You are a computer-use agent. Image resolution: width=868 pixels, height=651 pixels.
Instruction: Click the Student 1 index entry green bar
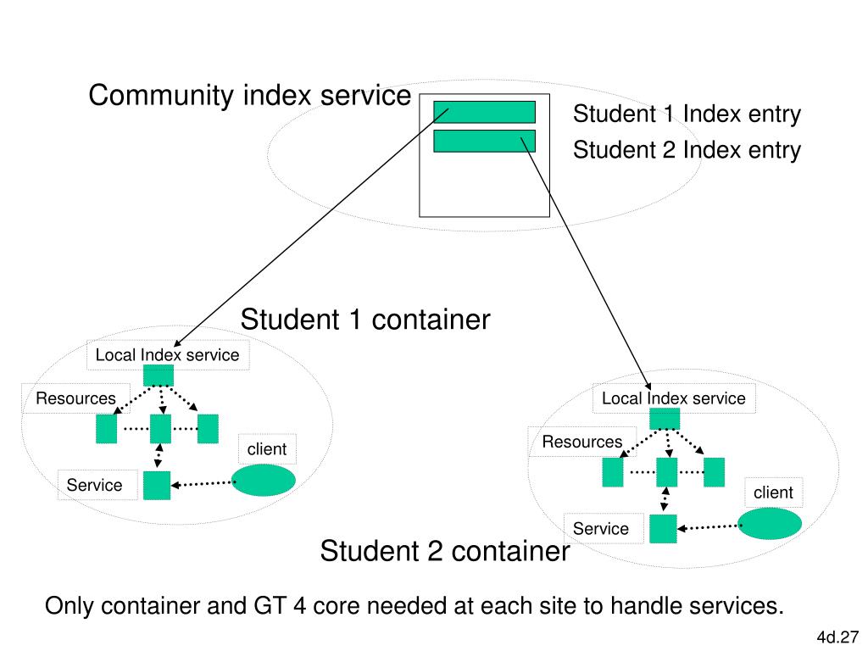tap(484, 112)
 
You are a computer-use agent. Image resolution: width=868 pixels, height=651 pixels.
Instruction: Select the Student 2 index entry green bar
tap(484, 142)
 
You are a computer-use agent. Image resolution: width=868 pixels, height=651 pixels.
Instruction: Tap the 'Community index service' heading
tap(250, 95)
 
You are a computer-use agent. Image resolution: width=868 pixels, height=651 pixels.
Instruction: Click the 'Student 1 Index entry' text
tap(687, 114)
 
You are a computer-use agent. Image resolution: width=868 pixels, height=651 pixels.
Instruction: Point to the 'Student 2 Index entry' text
tap(687, 150)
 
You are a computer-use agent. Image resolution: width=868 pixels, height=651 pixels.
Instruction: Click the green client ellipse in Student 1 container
tap(263, 480)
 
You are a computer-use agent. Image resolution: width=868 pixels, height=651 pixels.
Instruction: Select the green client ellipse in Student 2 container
tap(770, 524)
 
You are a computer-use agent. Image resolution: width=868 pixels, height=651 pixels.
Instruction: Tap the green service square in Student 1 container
tap(157, 486)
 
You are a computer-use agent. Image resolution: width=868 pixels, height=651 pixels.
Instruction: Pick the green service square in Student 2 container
tap(663, 529)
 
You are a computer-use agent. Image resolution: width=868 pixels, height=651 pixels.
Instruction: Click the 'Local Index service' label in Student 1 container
tap(167, 355)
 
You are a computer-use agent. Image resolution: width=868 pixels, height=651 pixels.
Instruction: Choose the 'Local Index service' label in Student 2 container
tap(674, 398)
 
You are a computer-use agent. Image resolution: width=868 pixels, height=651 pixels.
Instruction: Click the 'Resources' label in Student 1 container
tap(75, 398)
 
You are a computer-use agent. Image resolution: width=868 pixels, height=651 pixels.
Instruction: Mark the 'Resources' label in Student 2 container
tap(582, 442)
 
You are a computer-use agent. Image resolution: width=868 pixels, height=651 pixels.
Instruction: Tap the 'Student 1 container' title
tap(365, 320)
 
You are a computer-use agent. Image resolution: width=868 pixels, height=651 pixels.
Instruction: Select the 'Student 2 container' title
tap(445, 551)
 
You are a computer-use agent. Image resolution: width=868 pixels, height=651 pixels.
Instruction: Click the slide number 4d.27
tap(837, 637)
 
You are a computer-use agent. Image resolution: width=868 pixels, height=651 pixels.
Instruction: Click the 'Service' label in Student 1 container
tap(95, 485)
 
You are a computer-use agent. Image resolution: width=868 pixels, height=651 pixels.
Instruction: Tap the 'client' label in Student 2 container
tap(773, 492)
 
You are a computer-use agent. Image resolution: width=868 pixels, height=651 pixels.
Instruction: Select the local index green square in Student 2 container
tap(665, 419)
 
